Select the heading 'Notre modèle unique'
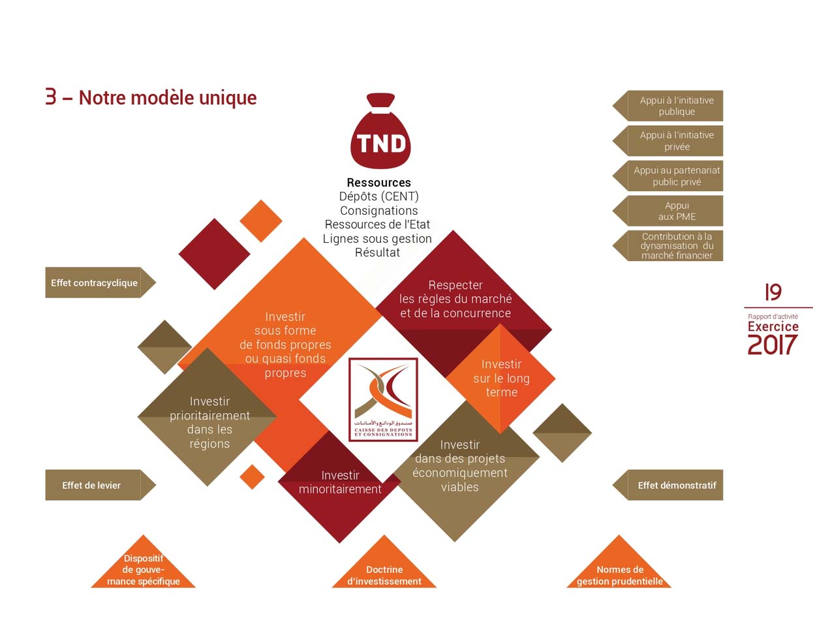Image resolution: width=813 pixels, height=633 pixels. (167, 98)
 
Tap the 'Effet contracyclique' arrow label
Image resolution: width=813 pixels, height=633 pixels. (95, 283)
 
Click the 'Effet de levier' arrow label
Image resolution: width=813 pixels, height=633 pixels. (93, 485)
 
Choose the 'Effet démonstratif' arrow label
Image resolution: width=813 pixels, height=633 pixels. (675, 485)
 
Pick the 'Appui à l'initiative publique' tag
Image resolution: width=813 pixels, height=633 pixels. (675, 106)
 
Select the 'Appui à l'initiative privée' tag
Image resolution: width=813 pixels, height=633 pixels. (675, 141)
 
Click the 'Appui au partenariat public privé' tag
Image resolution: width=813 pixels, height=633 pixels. (675, 176)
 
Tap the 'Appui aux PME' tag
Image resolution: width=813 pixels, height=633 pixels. (675, 211)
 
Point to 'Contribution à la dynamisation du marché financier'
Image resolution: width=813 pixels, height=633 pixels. (675, 246)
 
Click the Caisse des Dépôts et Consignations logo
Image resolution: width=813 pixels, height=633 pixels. (383, 399)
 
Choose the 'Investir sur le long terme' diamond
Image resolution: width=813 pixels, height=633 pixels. (501, 378)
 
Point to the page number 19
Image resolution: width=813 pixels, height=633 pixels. (773, 292)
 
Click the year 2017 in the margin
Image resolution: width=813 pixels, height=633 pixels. (773, 345)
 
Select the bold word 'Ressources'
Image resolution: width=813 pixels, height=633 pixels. (378, 183)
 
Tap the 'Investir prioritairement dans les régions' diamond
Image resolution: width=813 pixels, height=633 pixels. (209, 421)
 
